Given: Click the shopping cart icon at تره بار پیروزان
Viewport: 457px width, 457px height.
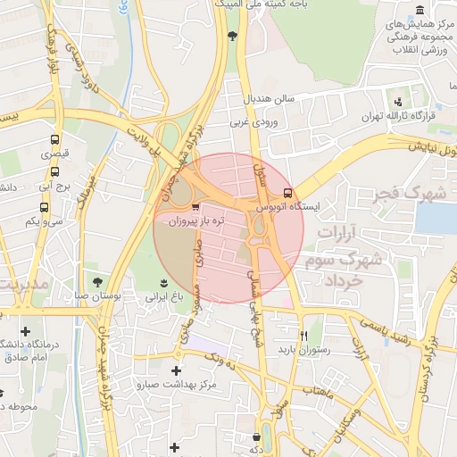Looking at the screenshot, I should click(x=183, y=205).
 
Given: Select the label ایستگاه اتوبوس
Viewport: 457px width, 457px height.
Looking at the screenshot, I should click(x=291, y=206).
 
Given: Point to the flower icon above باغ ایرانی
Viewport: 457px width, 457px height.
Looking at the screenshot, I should click(x=163, y=282).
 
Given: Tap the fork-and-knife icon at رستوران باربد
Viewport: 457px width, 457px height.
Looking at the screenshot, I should click(x=303, y=336).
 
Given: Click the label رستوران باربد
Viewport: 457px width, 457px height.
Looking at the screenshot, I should click(x=303, y=350).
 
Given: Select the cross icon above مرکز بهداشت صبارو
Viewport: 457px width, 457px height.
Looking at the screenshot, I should click(x=176, y=370).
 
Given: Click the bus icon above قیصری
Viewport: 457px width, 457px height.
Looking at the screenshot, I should click(x=54, y=140).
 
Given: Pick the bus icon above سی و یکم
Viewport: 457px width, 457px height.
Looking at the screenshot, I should click(x=44, y=207).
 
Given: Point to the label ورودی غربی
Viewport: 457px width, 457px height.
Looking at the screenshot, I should click(x=253, y=121).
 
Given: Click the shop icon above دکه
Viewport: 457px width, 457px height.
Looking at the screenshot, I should click(x=257, y=437).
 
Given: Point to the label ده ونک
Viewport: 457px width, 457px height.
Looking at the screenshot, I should click(x=221, y=360).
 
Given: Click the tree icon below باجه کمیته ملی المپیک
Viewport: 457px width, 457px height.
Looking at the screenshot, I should click(x=233, y=36).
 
